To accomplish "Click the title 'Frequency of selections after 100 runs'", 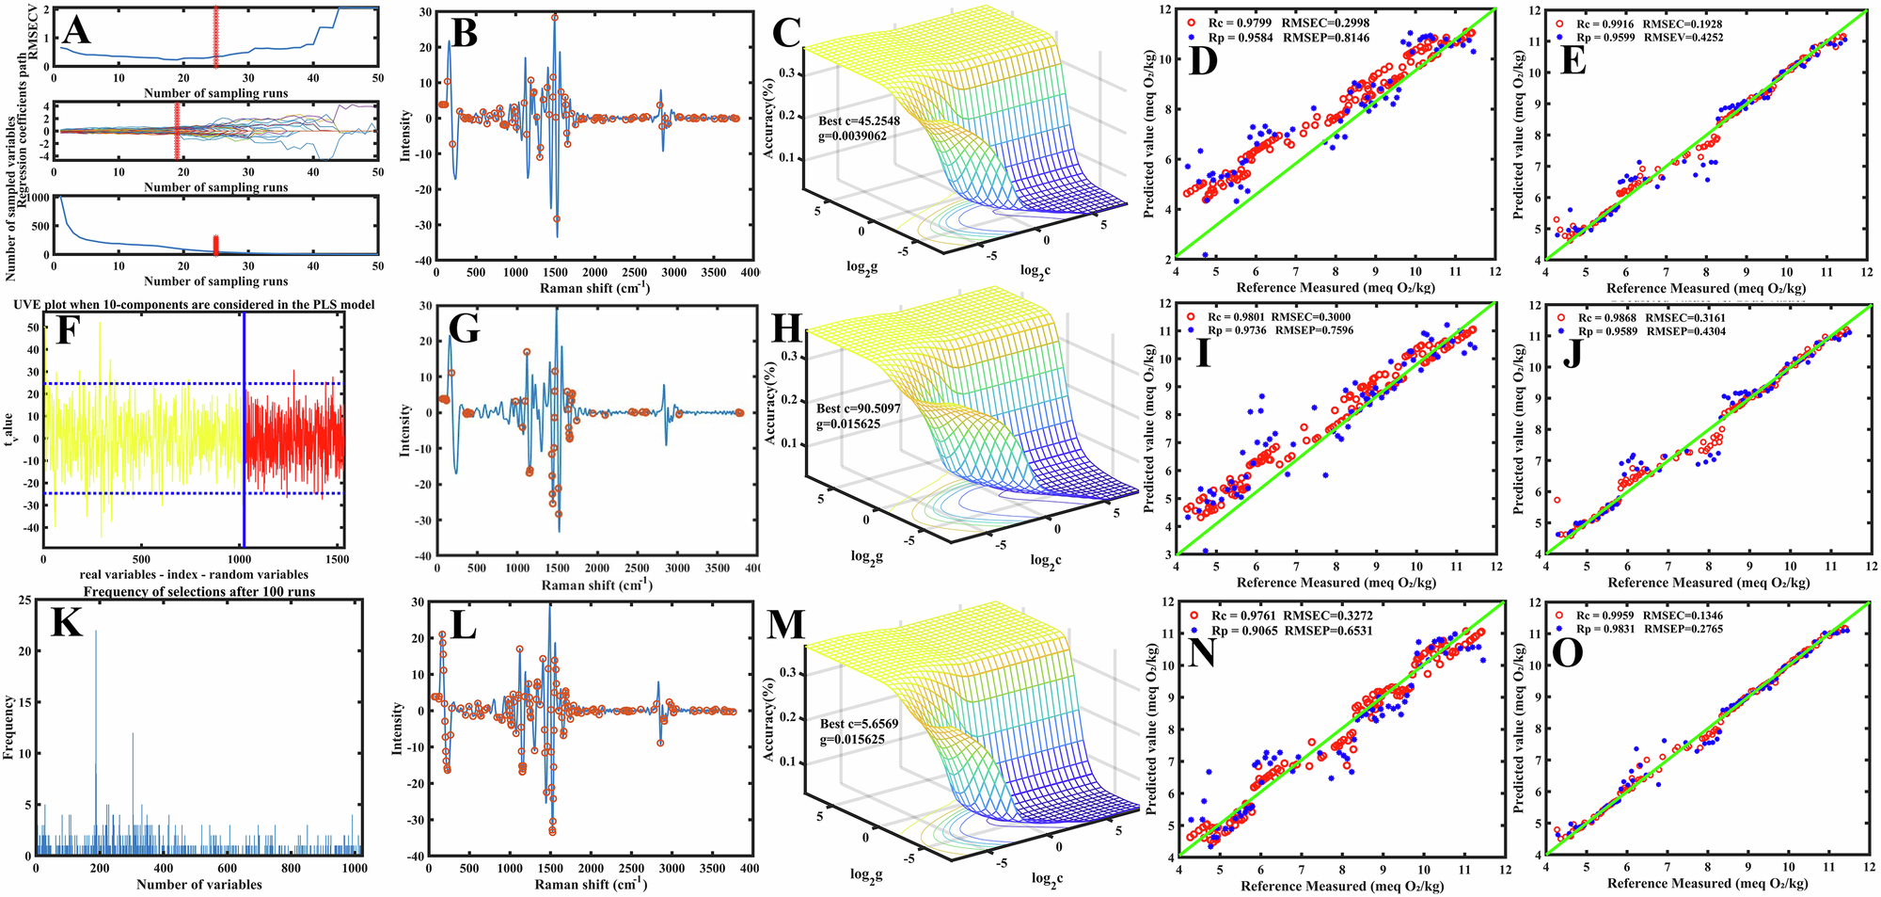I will pos(199,591).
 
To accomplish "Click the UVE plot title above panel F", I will pos(194,304).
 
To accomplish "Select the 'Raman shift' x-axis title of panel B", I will pos(593,287).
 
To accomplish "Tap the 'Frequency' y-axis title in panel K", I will pos(9,727).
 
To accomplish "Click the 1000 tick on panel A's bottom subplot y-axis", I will pos(36,199).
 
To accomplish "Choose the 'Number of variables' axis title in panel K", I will pos(198,884).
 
